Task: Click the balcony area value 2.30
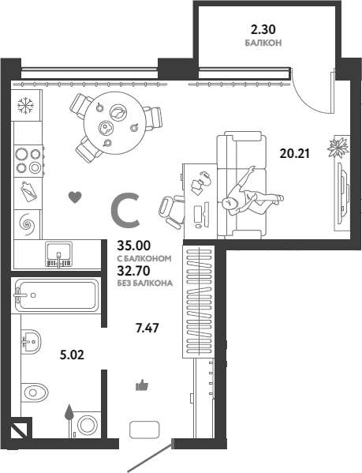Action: point(263,29)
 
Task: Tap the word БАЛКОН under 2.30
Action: point(263,43)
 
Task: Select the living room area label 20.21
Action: point(294,153)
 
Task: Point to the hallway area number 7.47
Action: point(147,328)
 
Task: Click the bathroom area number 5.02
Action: point(72,355)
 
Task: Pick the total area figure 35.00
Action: point(134,246)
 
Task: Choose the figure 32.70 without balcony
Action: point(133,271)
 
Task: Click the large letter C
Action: point(125,211)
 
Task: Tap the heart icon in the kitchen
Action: point(75,197)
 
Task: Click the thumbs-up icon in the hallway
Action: point(142,385)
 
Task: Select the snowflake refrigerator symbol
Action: point(25,106)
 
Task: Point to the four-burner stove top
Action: point(28,160)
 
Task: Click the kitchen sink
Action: point(58,254)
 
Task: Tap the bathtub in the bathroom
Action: point(56,295)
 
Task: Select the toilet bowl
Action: point(35,392)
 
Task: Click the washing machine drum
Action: point(88,425)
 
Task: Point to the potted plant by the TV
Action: point(338,148)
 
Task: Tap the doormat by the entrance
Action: point(144,430)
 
